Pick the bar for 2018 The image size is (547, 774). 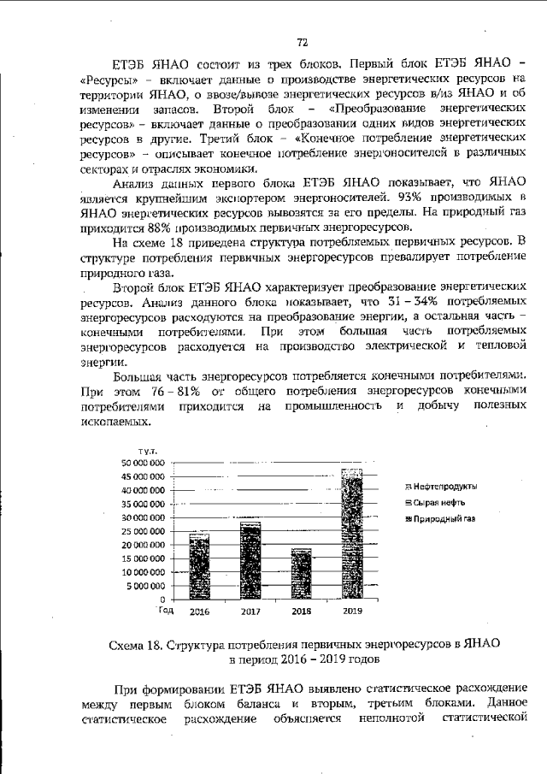coord(301,574)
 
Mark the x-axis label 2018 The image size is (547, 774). coord(301,612)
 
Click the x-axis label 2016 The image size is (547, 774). coord(199,612)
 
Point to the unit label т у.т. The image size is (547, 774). coord(139,450)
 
